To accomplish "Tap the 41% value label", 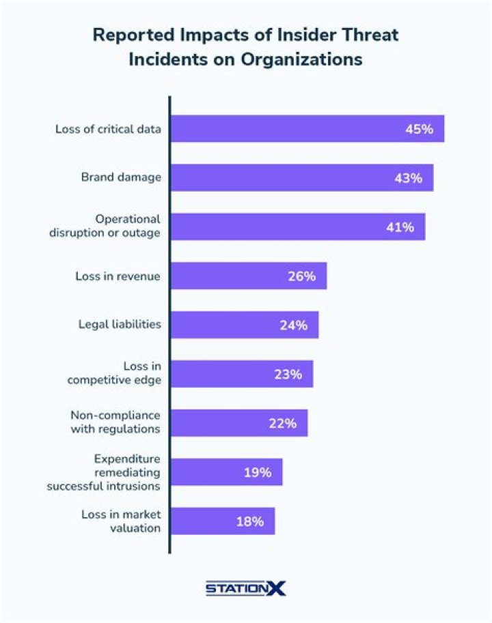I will coord(400,227).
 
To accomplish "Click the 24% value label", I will coord(293,325).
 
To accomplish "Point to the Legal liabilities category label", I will coord(120,324).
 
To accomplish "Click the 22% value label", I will coord(282,423).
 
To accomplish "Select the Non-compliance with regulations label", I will coord(115,422).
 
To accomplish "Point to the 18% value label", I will coord(249,521).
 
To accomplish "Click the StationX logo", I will coord(246,588).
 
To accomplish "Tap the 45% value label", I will coord(419,128).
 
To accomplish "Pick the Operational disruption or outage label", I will coord(105,226).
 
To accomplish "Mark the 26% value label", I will coord(301,276).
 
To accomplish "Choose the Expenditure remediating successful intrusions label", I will coord(103,472).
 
